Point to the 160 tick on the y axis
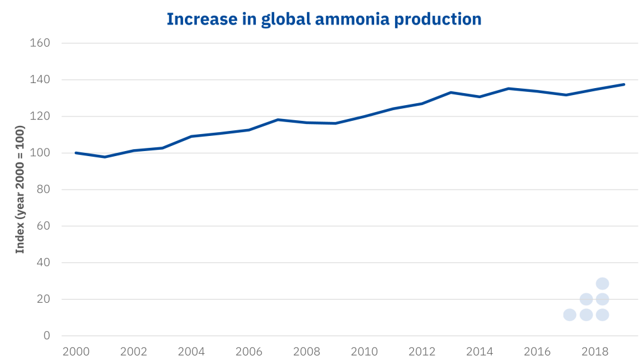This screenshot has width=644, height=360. pos(40,43)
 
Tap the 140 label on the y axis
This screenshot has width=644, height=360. pos(40,80)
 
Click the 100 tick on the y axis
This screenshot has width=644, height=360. pos(40,153)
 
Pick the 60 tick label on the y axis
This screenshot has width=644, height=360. pos(43,226)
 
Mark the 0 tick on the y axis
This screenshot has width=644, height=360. pos(47,335)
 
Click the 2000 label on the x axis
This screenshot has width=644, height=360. pos(75,351)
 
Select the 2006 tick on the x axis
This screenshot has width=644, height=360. pos(248,351)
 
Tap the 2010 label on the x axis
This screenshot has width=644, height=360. pos(364,351)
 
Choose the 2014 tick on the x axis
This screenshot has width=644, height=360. pos(480,351)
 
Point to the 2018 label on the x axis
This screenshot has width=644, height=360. pos(595,351)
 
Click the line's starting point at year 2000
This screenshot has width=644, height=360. pos(75,153)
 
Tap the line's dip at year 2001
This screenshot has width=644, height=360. pos(104,157)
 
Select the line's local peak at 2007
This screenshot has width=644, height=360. pos(277,120)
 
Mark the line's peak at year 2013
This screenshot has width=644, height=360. pos(451,93)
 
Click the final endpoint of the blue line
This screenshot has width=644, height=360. pos(624,84)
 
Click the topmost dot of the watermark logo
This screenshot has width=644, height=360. pos(602,284)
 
